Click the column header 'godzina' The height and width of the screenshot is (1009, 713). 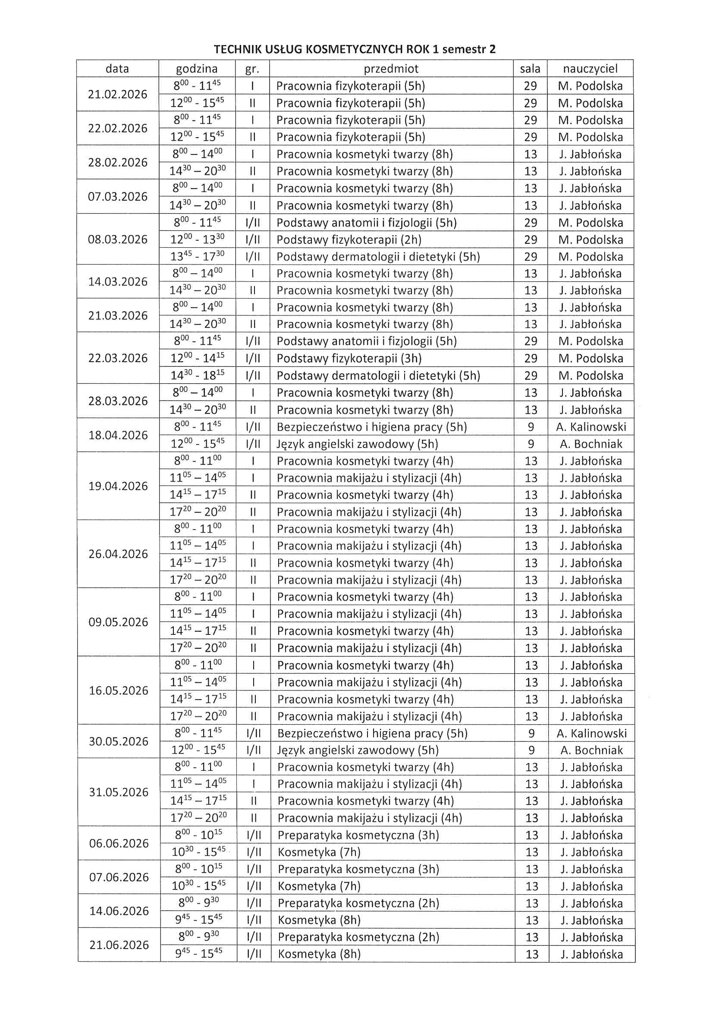(196, 69)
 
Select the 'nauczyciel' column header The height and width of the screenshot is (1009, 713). (590, 69)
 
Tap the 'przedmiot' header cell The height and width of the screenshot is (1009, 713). (391, 69)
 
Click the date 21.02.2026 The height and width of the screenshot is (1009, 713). (117, 94)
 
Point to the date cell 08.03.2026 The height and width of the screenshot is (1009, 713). (117, 240)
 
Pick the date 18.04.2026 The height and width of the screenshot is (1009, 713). (118, 435)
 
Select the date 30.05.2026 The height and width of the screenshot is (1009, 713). (118, 741)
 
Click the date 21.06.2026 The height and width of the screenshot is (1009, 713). (119, 945)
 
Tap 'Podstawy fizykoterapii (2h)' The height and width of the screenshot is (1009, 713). (349, 240)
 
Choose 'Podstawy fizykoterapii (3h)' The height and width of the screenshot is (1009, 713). (349, 359)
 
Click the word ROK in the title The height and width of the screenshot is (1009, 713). (418, 49)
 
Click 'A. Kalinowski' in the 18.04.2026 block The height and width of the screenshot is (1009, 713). (591, 427)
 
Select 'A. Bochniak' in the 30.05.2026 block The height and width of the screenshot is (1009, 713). (591, 750)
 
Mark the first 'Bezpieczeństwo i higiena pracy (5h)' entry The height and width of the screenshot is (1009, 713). (371, 427)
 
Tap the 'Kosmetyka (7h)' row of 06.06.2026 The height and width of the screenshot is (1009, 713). (319, 852)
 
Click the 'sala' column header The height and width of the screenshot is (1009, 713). (530, 69)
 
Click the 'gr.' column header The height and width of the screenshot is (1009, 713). (252, 69)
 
